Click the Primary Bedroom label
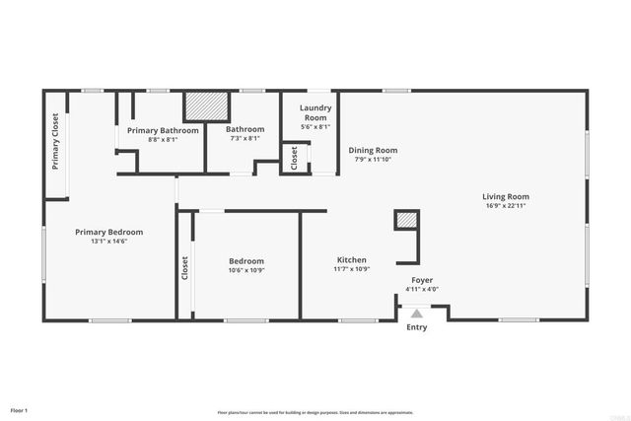tap(109, 232)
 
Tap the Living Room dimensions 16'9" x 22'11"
tap(506, 206)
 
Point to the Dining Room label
tap(373, 150)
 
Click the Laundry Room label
tap(315, 112)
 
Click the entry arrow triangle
tap(416, 313)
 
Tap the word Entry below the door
tap(417, 327)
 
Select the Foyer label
tap(422, 280)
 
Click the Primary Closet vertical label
tap(55, 141)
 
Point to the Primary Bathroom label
tap(163, 130)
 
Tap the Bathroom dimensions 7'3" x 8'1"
tap(245, 139)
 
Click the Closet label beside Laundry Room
tap(293, 158)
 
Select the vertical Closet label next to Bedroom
tap(184, 268)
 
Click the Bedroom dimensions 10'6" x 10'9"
tap(246, 270)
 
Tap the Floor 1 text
tap(19, 410)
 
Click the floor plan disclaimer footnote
tap(315, 412)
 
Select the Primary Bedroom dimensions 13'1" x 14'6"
tap(109, 242)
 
